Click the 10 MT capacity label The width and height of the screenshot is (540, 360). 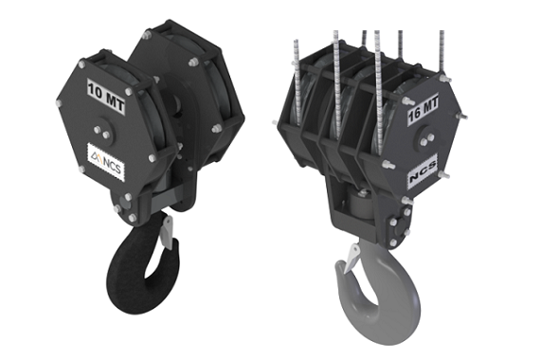pyautogui.click(x=105, y=95)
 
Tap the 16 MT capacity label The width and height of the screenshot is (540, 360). pyautogui.click(x=423, y=109)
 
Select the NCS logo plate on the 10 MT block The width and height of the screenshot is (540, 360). pyautogui.click(x=106, y=161)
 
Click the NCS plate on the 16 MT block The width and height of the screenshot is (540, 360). pyautogui.click(x=423, y=171)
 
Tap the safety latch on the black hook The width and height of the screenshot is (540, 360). pyautogui.click(x=167, y=231)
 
